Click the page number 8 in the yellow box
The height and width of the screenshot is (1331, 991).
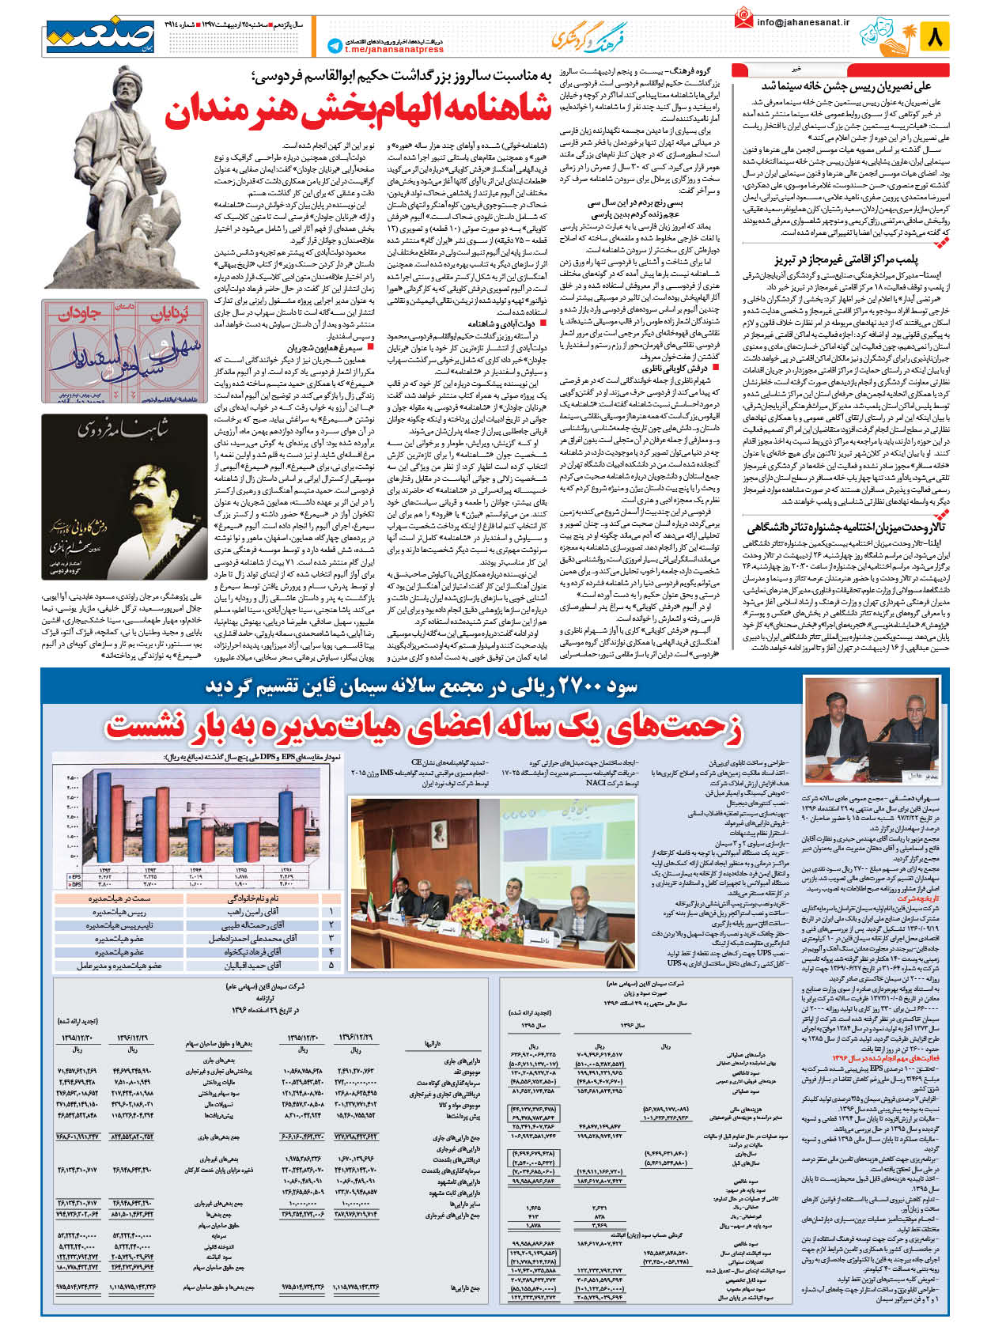click(936, 36)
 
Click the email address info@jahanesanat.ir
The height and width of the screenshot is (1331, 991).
click(803, 23)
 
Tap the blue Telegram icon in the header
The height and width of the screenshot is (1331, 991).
click(334, 46)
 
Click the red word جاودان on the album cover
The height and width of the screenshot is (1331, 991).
click(79, 313)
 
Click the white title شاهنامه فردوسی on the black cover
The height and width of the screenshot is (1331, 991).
click(122, 429)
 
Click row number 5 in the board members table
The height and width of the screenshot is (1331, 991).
click(331, 966)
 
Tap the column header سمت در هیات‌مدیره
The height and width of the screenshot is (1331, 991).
click(119, 898)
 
